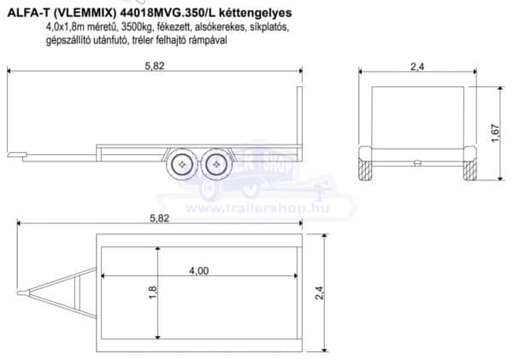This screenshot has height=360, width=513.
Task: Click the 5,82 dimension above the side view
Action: click(155, 66)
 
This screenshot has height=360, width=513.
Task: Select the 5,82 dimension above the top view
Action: click(159, 218)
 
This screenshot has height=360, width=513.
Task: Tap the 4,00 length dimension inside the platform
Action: click(198, 271)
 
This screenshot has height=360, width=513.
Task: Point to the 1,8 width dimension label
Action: click(152, 292)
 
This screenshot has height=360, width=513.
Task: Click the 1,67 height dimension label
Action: click(495, 133)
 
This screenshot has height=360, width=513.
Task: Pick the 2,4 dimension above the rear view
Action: click(417, 67)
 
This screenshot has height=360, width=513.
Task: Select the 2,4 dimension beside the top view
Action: click(319, 292)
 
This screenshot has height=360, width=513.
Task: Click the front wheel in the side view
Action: click(182, 164)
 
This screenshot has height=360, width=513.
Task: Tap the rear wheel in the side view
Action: click(216, 164)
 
